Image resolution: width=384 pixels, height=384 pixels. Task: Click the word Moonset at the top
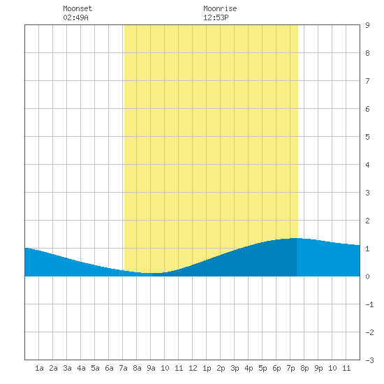[77, 8]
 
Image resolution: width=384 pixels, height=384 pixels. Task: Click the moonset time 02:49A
[75, 17]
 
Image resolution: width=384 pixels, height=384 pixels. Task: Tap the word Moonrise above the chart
[220, 8]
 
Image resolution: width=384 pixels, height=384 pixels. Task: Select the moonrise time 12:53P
[216, 17]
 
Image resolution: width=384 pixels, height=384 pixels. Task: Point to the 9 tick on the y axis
[367, 25]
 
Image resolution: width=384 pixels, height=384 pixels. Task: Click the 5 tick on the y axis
[367, 137]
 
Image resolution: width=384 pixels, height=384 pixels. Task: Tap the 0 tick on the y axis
[367, 276]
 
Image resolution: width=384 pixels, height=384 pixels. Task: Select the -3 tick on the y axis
[369, 360]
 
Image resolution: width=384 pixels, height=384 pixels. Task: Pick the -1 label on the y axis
[369, 304]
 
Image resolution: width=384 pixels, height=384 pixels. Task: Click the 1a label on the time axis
[39, 368]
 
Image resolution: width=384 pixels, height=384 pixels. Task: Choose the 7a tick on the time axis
[123, 368]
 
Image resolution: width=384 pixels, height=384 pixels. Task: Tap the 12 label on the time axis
[193, 368]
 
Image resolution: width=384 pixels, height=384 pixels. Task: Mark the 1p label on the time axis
[207, 368]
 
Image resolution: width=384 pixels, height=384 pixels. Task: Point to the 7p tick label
[290, 368]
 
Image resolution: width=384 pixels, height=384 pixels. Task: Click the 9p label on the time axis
[318, 368]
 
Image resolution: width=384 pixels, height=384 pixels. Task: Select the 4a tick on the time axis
[81, 368]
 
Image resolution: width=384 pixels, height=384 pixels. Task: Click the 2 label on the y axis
[367, 221]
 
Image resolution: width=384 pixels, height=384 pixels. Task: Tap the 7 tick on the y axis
[367, 81]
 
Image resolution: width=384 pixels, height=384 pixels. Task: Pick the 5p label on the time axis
[263, 368]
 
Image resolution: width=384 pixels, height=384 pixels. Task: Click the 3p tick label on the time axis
[235, 368]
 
